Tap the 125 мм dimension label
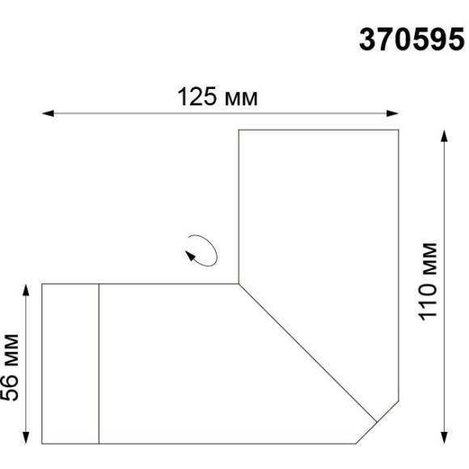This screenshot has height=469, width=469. click(x=218, y=98)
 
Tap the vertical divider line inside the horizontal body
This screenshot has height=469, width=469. click(x=99, y=364)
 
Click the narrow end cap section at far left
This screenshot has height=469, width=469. click(x=70, y=364)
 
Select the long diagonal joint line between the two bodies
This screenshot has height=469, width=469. click(x=307, y=352)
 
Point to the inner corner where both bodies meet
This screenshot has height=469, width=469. click(x=239, y=284)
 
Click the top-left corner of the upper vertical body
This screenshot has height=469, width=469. click(x=239, y=129)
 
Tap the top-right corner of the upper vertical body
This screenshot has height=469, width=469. click(x=399, y=129)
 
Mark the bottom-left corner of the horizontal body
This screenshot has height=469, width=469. click(x=42, y=444)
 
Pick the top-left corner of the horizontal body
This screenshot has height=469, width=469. click(x=42, y=284)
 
